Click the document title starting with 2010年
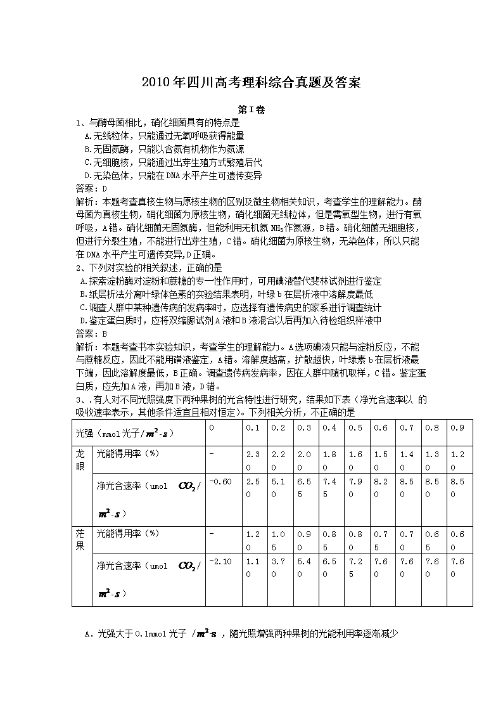pos(251,82)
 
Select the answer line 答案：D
pos(91,188)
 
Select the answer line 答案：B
pos(91,333)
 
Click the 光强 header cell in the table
pos(124,434)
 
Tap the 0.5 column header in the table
pos(355,428)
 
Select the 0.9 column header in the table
pos(457,428)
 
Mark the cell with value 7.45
pos(329,488)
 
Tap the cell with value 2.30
pos(253,460)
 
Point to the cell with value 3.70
pos(278,567)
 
